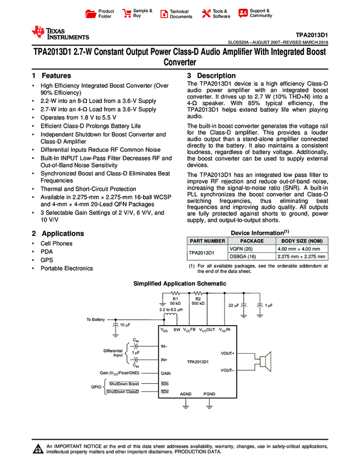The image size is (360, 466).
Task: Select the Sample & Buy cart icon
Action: pos(127,13)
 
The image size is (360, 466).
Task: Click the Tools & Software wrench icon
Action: pos(207,14)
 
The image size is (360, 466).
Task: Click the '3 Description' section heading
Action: pos(212,76)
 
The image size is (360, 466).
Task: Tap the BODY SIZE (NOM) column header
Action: pos(302,240)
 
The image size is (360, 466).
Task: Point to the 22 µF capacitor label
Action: pos(233,305)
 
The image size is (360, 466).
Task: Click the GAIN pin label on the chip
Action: pos(166,373)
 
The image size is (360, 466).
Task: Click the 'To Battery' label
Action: pos(95,319)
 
